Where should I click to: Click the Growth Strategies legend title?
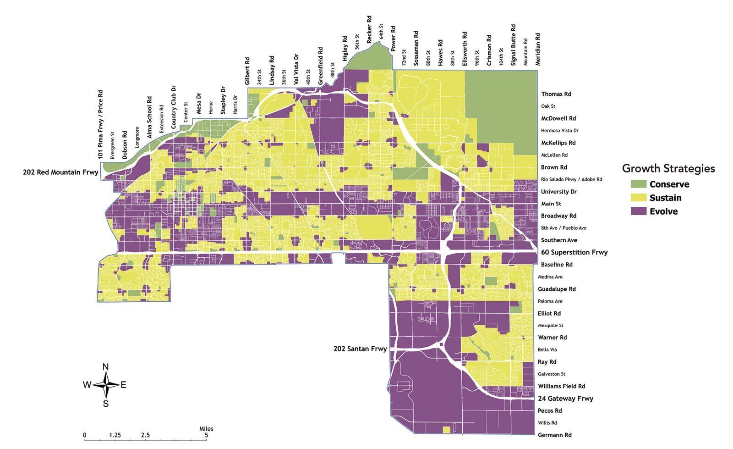coord(668,168)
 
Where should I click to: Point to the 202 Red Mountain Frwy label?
coord(60,172)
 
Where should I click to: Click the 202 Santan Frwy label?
coord(360,349)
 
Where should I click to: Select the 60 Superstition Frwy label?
coord(574,252)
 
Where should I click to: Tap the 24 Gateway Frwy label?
coord(565,399)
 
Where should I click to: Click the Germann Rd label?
coord(555,435)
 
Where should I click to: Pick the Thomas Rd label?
coord(556,94)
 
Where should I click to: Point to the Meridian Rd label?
coord(538,49)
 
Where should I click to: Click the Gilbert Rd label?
coord(247,71)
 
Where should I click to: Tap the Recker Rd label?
coord(369,28)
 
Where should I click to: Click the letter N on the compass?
coord(105,366)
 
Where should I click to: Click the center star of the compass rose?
coord(106,385)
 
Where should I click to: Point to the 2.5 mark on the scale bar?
coord(145,435)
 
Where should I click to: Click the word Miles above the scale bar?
coord(206,429)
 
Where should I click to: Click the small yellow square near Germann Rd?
coord(447,430)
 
